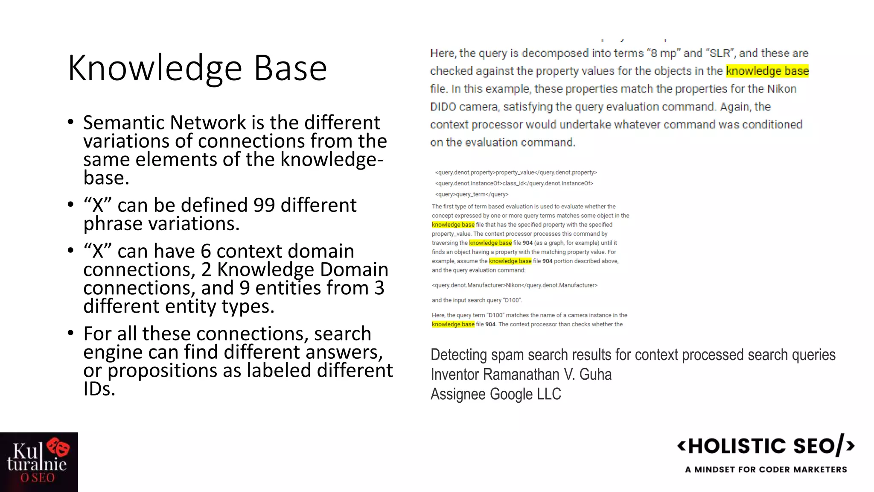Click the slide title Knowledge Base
click(197, 68)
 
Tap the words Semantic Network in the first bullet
click(164, 123)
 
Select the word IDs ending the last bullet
click(99, 389)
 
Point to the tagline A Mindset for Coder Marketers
click(766, 469)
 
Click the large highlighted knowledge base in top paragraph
click(767, 71)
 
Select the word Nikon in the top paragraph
click(781, 89)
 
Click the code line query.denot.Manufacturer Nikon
click(514, 285)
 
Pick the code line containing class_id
click(514, 183)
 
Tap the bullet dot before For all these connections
click(71, 333)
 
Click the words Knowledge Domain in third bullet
click(303, 270)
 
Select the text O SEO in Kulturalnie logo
click(38, 478)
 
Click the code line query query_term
click(472, 194)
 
